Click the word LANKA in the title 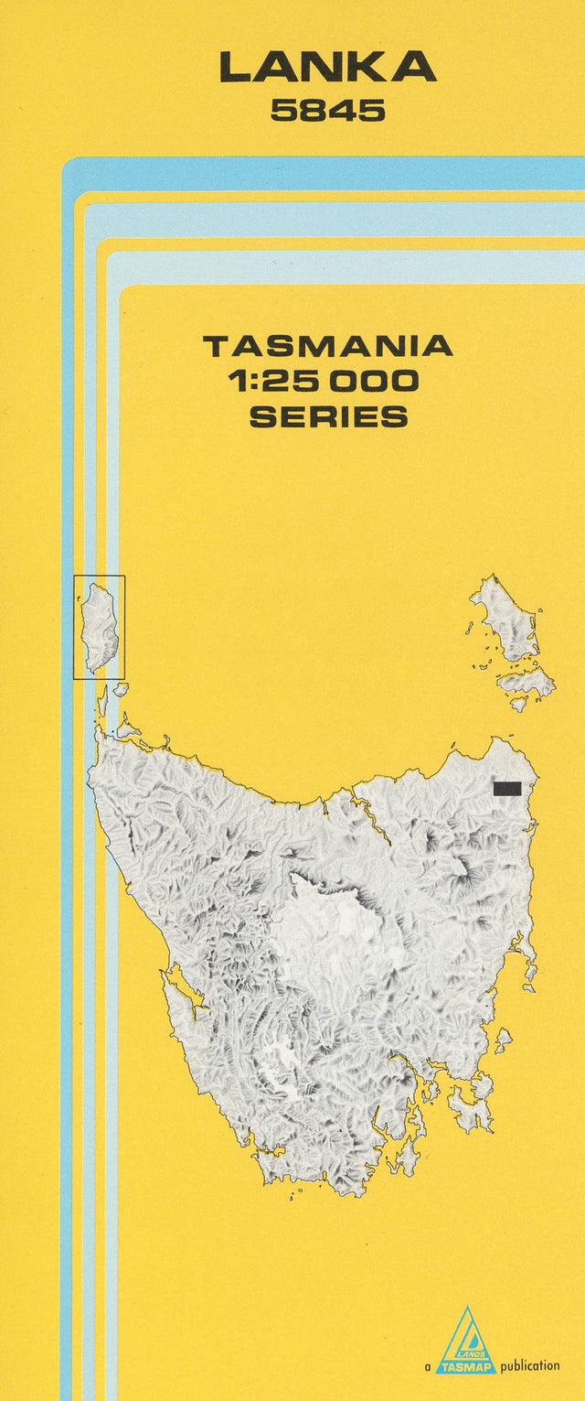(327, 68)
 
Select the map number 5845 (327, 112)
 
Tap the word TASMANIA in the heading (327, 346)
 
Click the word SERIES (327, 417)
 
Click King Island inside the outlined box (99, 624)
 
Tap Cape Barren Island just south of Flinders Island (526, 682)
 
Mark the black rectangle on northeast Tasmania (506, 788)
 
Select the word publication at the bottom (530, 1366)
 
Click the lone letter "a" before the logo (428, 1367)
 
